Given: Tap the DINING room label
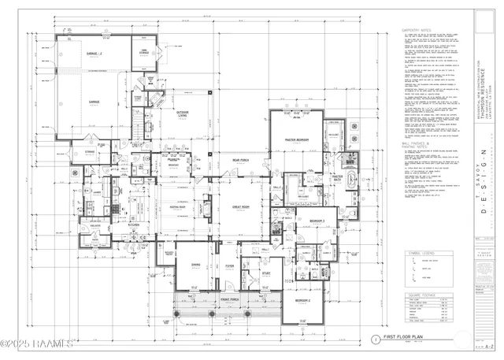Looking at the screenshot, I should click(194, 265).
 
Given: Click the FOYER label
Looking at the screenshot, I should click(228, 265).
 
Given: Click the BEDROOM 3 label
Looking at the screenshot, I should click(317, 221).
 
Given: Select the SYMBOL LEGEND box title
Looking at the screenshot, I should click(417, 254).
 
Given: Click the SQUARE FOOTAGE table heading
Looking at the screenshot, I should click(417, 294).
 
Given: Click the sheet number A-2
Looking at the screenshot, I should click(489, 346).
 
